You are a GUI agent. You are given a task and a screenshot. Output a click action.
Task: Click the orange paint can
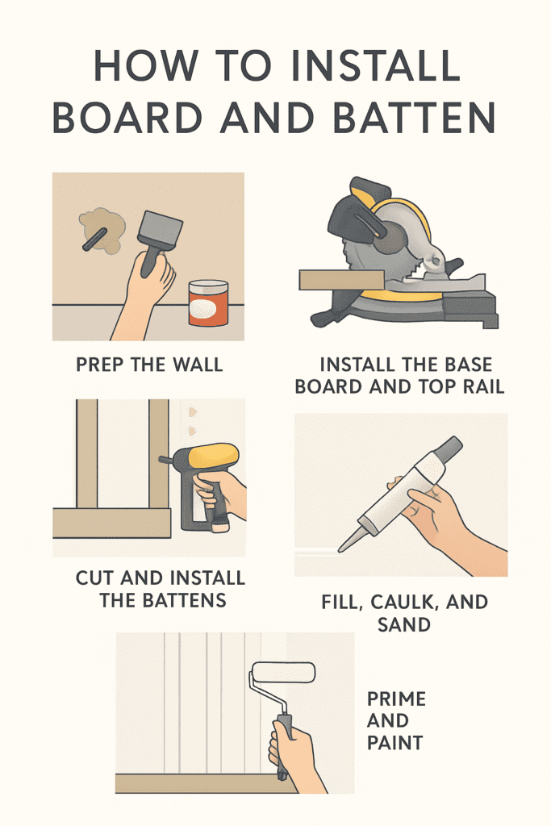(208, 303)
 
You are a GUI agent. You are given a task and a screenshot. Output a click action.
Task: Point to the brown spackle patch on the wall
(102, 228)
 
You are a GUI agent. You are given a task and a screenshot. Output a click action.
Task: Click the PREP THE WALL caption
(149, 365)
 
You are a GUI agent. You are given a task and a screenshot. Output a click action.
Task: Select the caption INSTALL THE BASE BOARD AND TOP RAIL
(399, 376)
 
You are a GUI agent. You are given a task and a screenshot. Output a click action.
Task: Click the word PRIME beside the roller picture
(396, 698)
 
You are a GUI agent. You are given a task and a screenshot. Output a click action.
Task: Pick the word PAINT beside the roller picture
(395, 742)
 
